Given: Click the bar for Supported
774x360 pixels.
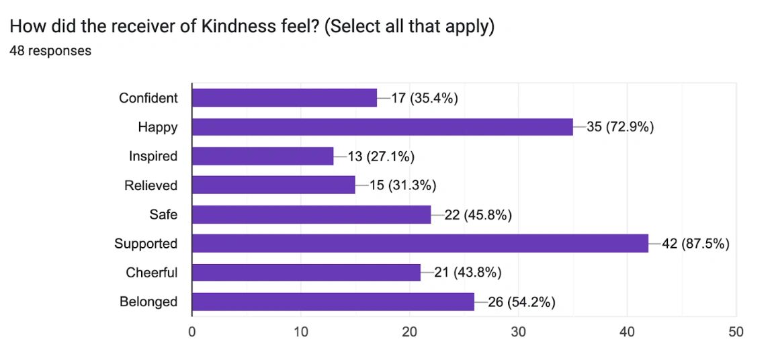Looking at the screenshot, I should tap(420, 243).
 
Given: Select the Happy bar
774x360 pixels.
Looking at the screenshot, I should tap(382, 127).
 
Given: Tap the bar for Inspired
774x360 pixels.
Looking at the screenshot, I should tap(263, 156).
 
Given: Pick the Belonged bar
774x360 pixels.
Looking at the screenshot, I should tap(333, 302).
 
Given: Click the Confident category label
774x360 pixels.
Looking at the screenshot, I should tap(148, 98).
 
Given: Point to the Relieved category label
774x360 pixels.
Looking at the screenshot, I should tap(151, 185).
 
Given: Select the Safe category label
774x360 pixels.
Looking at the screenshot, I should tap(163, 214).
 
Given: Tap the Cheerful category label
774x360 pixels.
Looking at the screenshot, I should tap(152, 273).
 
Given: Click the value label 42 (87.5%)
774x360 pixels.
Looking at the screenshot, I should tap(696, 244).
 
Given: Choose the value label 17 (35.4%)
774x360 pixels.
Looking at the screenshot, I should tap(424, 98).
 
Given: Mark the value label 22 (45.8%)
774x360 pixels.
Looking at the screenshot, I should tap(478, 215).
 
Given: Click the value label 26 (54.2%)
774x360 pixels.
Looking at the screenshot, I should tap(521, 302).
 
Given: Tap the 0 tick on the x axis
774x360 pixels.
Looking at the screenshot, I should tap(192, 332).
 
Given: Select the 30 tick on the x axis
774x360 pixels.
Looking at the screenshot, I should tap(519, 332).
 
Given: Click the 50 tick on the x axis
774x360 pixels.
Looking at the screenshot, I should tap(736, 332).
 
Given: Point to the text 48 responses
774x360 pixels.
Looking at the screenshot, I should tap(50, 50).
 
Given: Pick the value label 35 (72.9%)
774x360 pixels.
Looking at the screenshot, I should tap(620, 128).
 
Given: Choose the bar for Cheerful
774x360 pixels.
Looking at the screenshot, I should tap(306, 273).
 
